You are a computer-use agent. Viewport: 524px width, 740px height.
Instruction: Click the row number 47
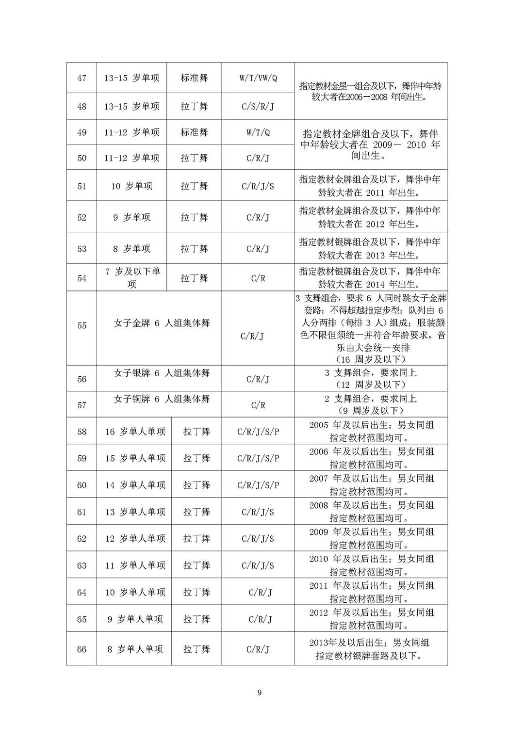pos(82,78)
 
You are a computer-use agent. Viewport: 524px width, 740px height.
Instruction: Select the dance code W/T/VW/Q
pos(258,78)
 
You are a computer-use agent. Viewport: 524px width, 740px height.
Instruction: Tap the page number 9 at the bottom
pos(260,692)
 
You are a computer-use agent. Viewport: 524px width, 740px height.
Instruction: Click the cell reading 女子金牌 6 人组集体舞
pos(162,323)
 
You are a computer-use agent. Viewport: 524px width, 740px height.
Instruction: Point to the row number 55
pos(82,325)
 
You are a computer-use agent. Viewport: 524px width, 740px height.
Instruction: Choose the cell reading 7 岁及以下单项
pos(132,278)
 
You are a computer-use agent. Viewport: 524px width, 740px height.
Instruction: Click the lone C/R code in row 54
pos(258,278)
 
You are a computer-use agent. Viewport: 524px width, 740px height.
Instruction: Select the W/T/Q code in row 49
pos(258,132)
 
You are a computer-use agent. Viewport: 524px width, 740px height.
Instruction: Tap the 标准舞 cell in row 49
pos(194,132)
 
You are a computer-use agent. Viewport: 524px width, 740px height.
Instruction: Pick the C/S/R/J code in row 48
pos(258,106)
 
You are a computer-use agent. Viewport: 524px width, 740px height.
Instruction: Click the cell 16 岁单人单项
pos(135,432)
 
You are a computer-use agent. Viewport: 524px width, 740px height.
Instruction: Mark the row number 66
pos(82,649)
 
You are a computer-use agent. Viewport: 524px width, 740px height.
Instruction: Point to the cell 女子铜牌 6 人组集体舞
pos(162,399)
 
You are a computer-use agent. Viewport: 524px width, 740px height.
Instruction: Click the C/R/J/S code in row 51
pos(258,186)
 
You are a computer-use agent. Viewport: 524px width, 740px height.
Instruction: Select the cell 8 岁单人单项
pos(135,649)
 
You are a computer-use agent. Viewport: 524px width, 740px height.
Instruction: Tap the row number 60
pos(82,485)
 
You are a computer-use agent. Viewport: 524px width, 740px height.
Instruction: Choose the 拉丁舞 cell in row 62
pos(196,539)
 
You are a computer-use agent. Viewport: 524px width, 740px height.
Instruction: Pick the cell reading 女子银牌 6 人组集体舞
pos(162,373)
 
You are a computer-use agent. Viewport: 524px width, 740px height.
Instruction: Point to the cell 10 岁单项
pos(132,186)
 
